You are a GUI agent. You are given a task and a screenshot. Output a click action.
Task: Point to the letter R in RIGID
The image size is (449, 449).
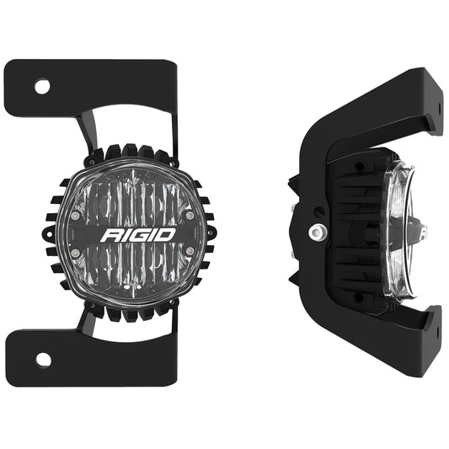pyautogui.click(x=110, y=234)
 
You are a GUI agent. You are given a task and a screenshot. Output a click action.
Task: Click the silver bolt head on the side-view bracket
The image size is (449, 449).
pyautogui.click(x=316, y=232)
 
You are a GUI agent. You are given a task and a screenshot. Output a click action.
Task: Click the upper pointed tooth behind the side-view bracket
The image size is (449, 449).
pyautogui.click(x=291, y=180)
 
